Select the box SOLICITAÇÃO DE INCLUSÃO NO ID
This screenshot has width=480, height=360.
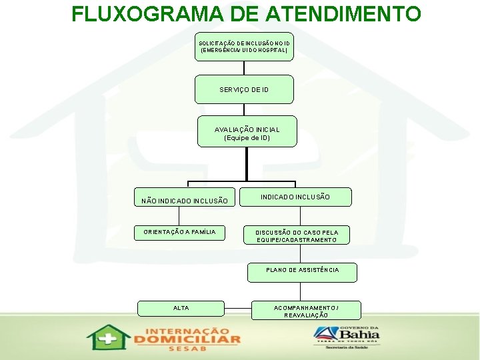tap(244, 47)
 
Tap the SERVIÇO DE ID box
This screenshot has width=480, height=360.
tap(244, 89)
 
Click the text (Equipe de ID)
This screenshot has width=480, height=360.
tap(247, 138)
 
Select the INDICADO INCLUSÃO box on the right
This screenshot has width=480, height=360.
tap(295, 197)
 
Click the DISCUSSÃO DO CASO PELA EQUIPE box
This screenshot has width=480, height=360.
tap(297, 236)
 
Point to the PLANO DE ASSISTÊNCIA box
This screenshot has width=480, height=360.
tap(302, 270)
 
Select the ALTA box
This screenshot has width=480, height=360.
tap(181, 308)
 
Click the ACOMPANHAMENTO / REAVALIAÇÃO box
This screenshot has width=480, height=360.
tap(306, 311)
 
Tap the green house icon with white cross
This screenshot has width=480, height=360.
tap(108, 337)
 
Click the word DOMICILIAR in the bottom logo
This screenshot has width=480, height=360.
tap(187, 339)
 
